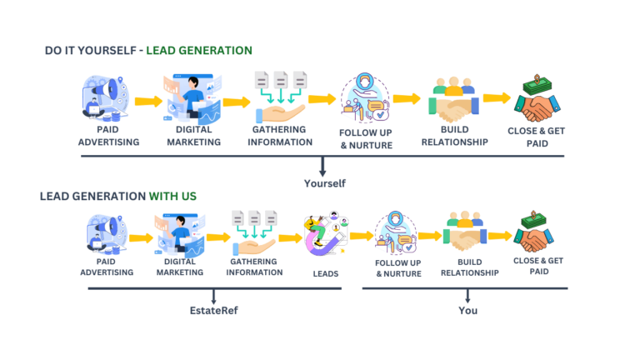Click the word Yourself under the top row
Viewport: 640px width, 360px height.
(x=324, y=183)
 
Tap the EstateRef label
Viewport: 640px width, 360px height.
(x=213, y=311)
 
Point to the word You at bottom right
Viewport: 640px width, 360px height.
(x=467, y=311)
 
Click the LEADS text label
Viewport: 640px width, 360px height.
(x=325, y=273)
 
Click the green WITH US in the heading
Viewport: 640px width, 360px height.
(x=172, y=196)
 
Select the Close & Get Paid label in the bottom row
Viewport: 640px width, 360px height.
(x=537, y=266)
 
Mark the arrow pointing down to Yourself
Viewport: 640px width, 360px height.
(x=322, y=167)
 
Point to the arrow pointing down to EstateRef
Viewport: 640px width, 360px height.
(x=214, y=297)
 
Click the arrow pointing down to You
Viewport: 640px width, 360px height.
(x=467, y=297)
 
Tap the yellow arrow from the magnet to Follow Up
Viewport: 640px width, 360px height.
(x=361, y=236)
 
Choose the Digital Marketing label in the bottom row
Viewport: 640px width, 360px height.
(x=178, y=267)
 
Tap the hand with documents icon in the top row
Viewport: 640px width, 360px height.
(x=279, y=97)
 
